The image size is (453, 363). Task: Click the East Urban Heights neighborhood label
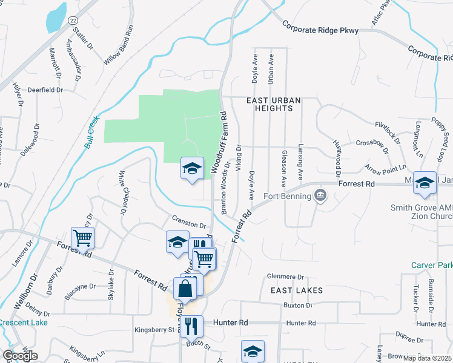point(269,103)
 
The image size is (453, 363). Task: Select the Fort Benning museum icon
point(320,195)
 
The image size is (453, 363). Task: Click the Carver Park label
point(432,265)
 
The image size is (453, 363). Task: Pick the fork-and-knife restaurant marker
point(191,327)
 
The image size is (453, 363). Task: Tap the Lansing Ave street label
point(300,163)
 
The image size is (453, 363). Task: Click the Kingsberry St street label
point(154,330)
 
